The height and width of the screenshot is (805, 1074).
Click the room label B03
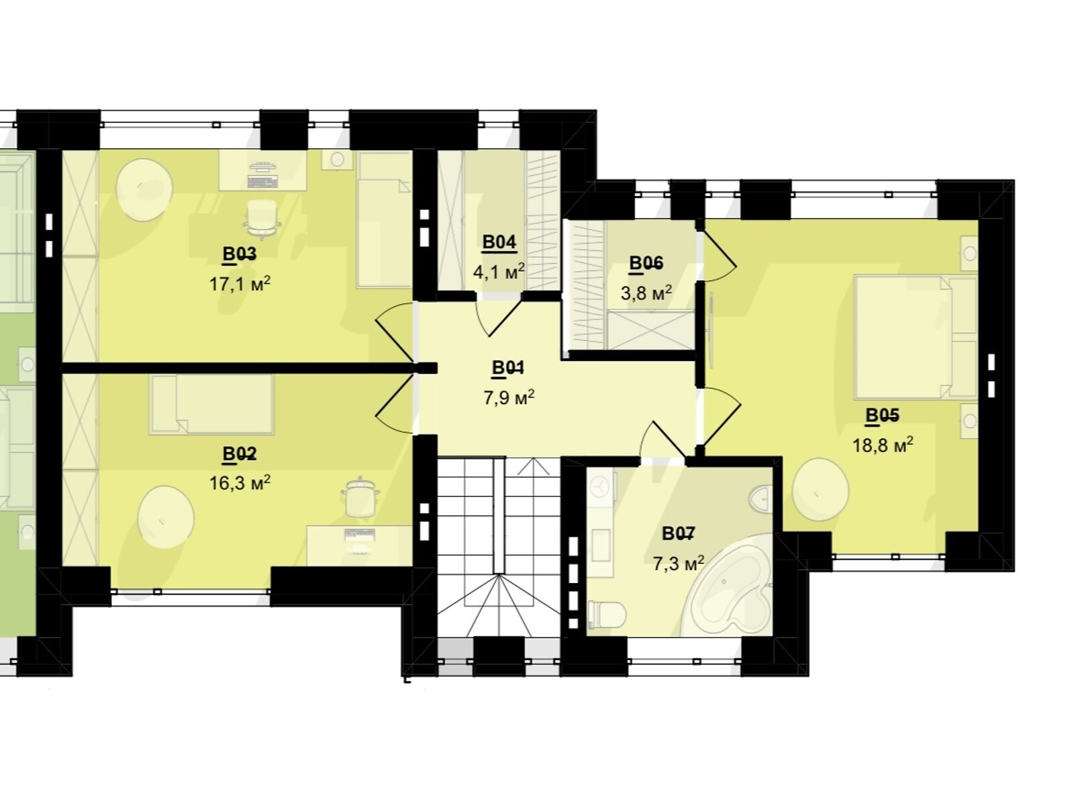[x=239, y=254]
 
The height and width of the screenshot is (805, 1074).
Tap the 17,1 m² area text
[x=240, y=284]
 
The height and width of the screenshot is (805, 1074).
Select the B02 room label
[x=239, y=454]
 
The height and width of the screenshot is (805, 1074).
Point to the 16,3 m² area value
[x=240, y=483]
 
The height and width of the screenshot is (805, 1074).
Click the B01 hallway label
[x=508, y=368]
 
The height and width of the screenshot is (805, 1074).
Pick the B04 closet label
[x=499, y=242]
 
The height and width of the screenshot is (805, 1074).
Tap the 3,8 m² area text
[x=646, y=293]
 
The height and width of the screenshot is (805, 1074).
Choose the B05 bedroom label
[x=882, y=415]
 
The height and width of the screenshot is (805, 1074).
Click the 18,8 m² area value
[x=883, y=445]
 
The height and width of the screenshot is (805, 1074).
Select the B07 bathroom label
[x=678, y=534]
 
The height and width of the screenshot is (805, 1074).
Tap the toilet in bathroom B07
[x=607, y=614]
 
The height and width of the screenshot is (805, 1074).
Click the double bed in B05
[x=916, y=337]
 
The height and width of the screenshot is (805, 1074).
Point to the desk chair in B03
[x=262, y=219]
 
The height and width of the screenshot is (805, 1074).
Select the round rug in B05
[x=820, y=489]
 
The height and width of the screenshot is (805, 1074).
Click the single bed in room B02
[x=211, y=405]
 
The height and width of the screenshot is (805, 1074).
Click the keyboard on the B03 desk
[x=262, y=182]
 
